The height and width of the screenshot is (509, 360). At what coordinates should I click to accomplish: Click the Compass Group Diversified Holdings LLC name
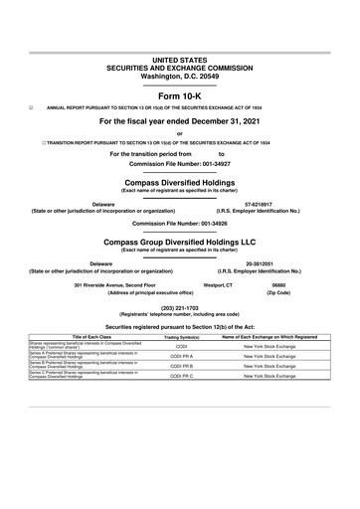[x=179, y=242]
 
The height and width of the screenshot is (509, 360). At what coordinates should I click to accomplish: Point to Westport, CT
[x=218, y=285]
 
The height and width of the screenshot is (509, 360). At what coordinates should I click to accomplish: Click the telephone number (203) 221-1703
[x=179, y=307]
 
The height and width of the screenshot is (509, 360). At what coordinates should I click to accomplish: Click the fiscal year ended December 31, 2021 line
[x=179, y=121]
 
